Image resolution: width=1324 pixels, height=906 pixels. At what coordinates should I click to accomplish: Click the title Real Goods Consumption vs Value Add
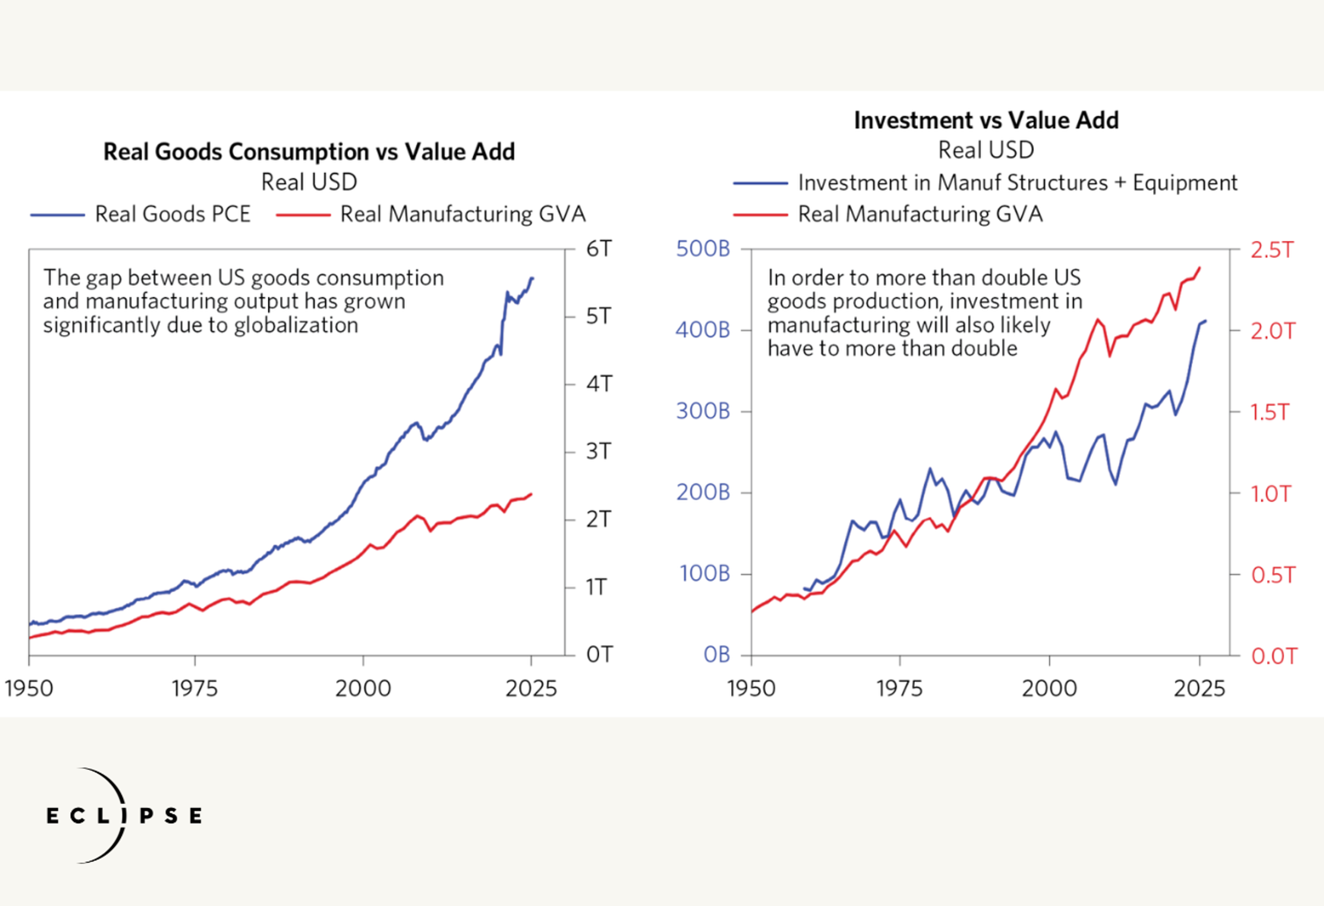point(309,152)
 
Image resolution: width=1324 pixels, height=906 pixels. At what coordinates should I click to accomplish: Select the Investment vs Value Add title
point(986,121)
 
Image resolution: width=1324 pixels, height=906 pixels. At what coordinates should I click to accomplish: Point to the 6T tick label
point(599,249)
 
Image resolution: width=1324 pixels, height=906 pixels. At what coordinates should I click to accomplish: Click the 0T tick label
point(599,655)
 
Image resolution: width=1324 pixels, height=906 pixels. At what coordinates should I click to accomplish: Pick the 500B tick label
point(702,249)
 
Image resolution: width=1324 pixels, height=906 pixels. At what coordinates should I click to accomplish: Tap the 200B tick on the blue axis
point(702,492)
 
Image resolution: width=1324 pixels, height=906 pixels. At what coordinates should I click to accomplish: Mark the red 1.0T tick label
point(1271,493)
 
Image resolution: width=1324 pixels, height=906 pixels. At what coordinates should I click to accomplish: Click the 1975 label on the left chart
point(195,689)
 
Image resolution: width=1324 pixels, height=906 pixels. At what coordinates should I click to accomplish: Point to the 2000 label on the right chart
point(1050,689)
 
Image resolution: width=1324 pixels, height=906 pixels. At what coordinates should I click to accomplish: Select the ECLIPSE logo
point(124,815)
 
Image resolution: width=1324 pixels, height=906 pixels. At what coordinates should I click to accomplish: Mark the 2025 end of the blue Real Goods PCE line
point(532,279)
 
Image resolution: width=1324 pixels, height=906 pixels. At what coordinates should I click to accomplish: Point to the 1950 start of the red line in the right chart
point(752,611)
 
